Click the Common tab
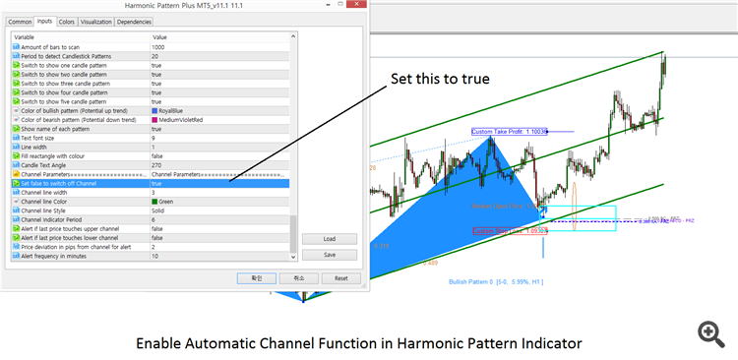coord(20,21)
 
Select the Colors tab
coord(67,21)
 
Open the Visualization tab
coord(96,21)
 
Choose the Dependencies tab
coord(134,21)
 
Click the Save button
coord(331,255)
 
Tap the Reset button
coord(341,278)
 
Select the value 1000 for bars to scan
coord(158,47)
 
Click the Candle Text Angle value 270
coord(156,165)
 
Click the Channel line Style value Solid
coord(159,210)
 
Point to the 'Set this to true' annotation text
coord(435,79)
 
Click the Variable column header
coord(26,37)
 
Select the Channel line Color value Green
coord(168,202)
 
